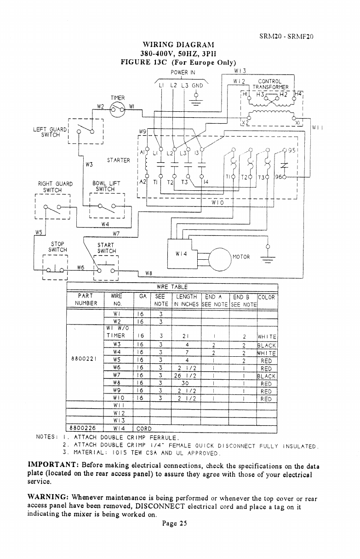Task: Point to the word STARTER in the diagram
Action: pos(119,160)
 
